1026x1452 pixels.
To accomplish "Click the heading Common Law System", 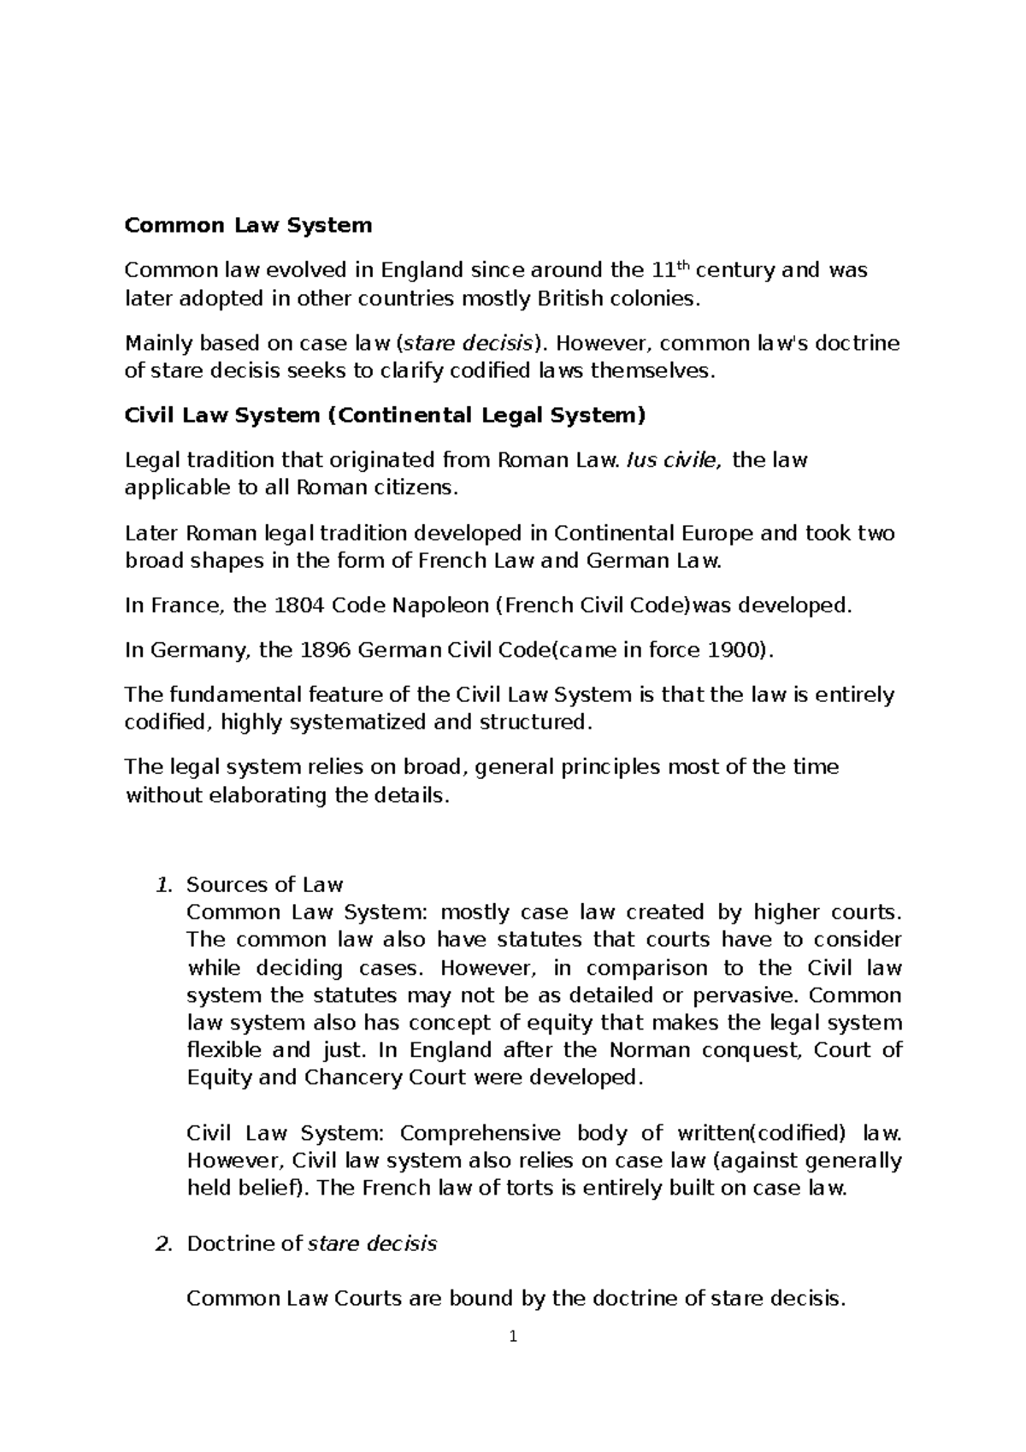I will click(248, 226).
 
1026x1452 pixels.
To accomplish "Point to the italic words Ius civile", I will click(674, 460).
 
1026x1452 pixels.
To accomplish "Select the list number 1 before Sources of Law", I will click(165, 885).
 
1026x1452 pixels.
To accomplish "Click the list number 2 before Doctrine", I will click(165, 1244).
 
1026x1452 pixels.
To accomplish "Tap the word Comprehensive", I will click(480, 1134).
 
